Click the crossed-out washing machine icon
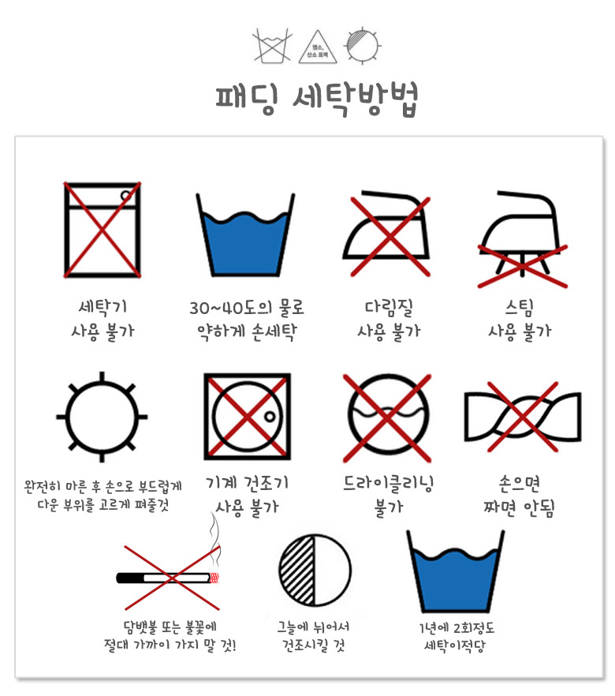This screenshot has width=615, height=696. click(102, 230)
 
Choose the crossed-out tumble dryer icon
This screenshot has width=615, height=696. click(247, 417)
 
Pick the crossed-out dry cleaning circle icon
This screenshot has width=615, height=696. click(388, 417)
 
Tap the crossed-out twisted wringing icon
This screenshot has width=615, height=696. click(522, 417)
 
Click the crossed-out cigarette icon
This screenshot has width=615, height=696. click(172, 578)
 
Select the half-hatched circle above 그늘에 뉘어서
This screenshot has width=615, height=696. click(315, 571)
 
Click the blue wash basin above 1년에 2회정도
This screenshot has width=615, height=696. click(456, 577)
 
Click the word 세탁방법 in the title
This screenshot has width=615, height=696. click(356, 99)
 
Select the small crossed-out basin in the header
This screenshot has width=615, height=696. click(272, 46)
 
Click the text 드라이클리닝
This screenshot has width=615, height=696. click(389, 484)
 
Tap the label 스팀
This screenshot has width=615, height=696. click(520, 308)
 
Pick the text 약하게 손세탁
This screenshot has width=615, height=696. click(247, 331)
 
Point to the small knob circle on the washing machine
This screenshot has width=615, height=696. click(126, 196)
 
